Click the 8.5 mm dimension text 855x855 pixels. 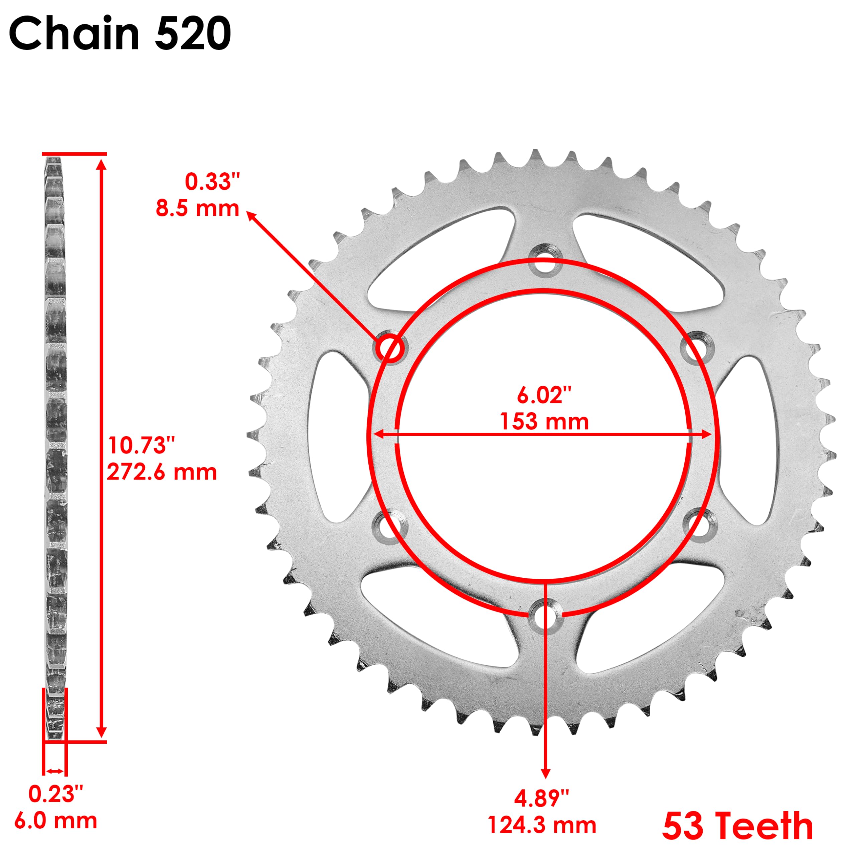pos(197,208)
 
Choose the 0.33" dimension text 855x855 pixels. pos(212,182)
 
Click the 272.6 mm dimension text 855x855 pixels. pos(162,472)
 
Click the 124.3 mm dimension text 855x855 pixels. pos(542,825)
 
